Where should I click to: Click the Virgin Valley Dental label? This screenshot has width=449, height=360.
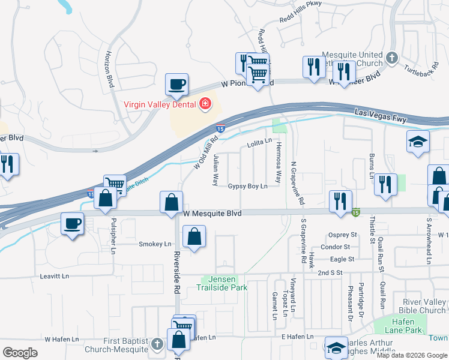click(160, 104)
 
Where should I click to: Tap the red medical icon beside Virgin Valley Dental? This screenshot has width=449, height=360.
click(205, 104)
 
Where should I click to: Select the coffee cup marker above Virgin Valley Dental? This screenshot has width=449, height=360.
click(176, 85)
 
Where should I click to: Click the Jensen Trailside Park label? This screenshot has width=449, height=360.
click(221, 283)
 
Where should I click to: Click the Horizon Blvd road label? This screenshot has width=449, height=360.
click(111, 68)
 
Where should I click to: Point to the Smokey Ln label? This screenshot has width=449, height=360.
click(155, 244)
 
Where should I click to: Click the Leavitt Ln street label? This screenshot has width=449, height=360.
click(55, 276)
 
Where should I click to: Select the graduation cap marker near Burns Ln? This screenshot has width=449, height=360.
click(418, 142)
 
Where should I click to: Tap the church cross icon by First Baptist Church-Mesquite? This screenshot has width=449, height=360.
click(157, 344)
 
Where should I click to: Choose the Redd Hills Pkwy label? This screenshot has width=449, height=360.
click(301, 20)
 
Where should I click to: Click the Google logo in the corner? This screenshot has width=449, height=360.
click(20, 353)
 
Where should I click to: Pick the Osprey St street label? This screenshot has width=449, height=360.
click(342, 235)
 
